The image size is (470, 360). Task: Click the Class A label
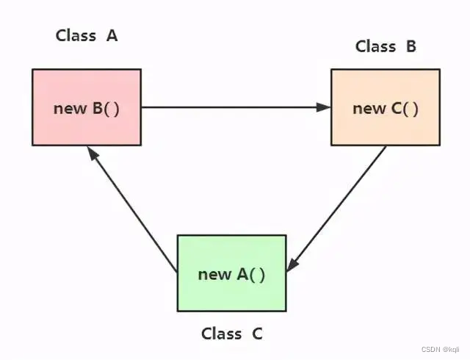click(x=87, y=35)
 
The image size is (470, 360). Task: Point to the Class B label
click(x=386, y=46)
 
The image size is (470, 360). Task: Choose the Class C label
click(x=231, y=334)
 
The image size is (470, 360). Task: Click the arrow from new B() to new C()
click(x=235, y=107)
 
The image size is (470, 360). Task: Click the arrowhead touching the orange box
click(x=324, y=107)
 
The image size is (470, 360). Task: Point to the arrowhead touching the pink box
click(x=91, y=152)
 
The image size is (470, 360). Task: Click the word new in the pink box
click(x=70, y=108)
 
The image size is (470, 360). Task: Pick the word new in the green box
click(x=214, y=274)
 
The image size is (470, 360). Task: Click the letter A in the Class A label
click(x=112, y=35)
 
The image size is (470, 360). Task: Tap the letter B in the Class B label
click(x=411, y=46)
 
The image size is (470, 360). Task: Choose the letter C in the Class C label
click(x=256, y=334)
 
